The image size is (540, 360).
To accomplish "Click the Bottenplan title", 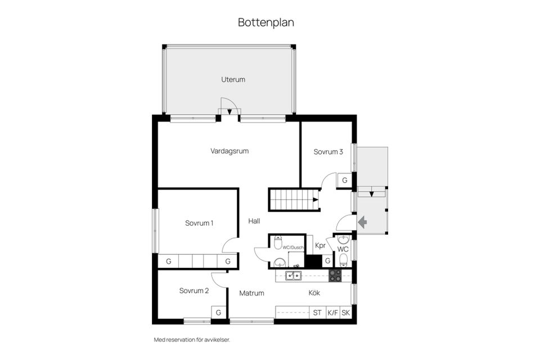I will tap(266, 22).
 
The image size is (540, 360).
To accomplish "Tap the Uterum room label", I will tap(233, 79).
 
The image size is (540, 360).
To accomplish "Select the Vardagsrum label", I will tap(229, 151).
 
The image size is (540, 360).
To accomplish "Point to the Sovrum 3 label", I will tap(328, 151).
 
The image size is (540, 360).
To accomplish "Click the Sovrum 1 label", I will tap(199, 223).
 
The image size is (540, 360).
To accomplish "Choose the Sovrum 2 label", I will tap(194, 291).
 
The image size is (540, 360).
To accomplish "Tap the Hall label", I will tap(254, 221).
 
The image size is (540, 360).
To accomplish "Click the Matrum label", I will tap(251, 293).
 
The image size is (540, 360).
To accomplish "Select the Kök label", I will tap(314, 292).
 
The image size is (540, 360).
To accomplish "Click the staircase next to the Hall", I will tap(292, 199).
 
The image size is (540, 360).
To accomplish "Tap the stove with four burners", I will tap(335, 275).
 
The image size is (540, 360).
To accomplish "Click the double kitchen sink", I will tap(292, 275).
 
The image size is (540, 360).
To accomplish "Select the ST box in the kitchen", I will tap(317, 312).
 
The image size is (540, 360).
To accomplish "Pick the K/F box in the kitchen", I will tap(332, 312).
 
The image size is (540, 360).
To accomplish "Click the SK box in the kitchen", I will tap(345, 312).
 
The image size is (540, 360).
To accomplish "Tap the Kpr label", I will tap(321, 245).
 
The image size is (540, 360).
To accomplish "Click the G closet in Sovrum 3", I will tap(344, 181).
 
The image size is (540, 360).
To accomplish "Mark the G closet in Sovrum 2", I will tap(219, 312).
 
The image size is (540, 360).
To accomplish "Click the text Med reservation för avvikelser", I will tap(192, 340).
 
